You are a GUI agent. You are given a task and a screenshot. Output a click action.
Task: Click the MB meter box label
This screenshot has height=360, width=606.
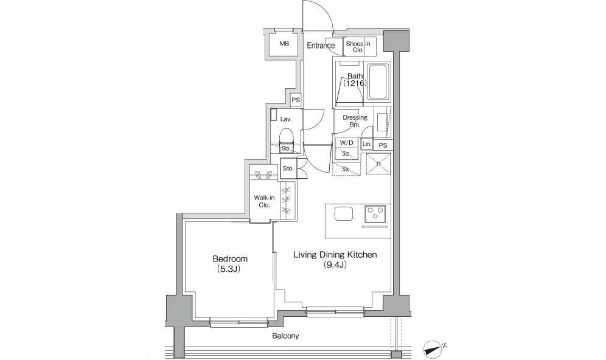[x=284, y=44]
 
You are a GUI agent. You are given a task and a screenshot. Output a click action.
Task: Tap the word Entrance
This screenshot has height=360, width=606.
[x=321, y=46]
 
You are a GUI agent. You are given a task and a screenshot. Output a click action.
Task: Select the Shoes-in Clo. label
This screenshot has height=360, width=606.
[x=358, y=47]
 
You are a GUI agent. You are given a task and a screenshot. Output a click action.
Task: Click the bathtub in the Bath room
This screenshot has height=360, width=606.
[x=378, y=82]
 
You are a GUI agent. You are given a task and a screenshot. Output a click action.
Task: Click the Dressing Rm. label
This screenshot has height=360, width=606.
[x=355, y=121]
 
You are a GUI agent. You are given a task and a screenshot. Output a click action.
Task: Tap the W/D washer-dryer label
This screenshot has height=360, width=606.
[x=346, y=143]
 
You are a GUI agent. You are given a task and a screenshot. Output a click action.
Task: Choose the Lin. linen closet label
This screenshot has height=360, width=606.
[x=367, y=144]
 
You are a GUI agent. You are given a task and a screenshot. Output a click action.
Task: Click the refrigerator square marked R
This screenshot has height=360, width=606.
[x=378, y=164]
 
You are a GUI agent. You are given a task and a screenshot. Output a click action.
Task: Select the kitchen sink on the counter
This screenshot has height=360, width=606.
[x=344, y=213]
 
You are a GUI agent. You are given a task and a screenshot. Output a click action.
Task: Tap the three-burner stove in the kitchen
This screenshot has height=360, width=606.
[x=375, y=214]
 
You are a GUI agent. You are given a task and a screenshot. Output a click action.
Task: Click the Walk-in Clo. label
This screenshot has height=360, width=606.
[x=264, y=201]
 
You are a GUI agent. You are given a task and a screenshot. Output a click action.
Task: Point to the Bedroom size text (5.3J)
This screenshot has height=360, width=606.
[x=230, y=269]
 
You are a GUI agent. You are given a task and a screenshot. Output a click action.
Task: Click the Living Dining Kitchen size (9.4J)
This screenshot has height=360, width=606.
[x=335, y=265]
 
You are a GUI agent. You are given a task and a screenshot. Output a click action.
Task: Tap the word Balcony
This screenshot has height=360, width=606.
[x=285, y=336]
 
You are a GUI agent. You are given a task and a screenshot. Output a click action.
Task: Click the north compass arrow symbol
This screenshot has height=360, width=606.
[x=433, y=347]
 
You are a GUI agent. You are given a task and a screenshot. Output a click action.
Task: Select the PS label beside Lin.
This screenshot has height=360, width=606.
[x=383, y=145]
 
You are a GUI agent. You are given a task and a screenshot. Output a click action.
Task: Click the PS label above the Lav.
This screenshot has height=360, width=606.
[x=296, y=100]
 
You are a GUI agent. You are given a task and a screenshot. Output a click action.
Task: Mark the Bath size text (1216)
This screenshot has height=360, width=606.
[x=355, y=83]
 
